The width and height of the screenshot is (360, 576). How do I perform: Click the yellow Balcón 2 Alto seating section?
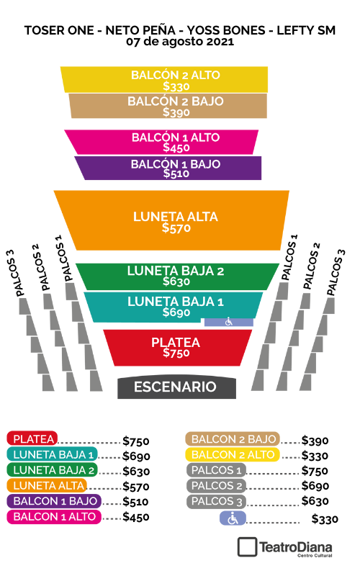[x=164, y=79]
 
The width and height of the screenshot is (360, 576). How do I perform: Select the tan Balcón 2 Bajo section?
[x=168, y=106]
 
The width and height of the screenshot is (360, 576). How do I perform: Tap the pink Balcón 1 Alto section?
[x=161, y=142]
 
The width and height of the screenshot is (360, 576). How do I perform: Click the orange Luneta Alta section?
[x=172, y=220]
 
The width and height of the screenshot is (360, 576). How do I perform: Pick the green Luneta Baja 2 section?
[x=176, y=276]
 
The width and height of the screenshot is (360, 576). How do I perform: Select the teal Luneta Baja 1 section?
[x=173, y=306]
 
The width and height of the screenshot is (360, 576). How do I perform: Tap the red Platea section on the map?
[x=177, y=348]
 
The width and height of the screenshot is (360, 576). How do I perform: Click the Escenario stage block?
[x=176, y=387]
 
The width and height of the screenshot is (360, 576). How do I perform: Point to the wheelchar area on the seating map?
[x=229, y=322]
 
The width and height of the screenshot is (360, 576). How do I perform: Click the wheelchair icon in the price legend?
[x=233, y=518]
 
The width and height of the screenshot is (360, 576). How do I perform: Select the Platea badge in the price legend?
[x=32, y=438]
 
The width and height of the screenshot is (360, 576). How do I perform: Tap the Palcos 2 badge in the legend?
[x=217, y=485]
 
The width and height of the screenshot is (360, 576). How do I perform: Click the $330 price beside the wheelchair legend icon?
[x=325, y=519]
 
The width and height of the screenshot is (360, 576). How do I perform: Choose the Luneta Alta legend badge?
[x=47, y=485]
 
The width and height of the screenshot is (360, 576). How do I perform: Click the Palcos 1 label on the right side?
[x=289, y=258]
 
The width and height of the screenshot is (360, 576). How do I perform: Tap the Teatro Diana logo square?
[x=247, y=547]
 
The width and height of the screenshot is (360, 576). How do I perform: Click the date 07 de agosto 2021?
[x=180, y=42]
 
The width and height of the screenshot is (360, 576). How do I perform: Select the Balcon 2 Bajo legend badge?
[x=233, y=439]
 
